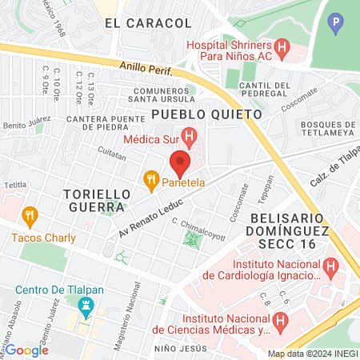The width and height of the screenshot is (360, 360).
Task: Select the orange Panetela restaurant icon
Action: point(150,182)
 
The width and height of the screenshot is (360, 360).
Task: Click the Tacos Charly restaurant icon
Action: point(30,214)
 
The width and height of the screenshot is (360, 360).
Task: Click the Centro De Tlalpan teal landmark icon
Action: point(84,305)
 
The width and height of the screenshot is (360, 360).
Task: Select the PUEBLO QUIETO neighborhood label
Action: point(206,114)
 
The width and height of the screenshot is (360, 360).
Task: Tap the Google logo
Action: point(27,350)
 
